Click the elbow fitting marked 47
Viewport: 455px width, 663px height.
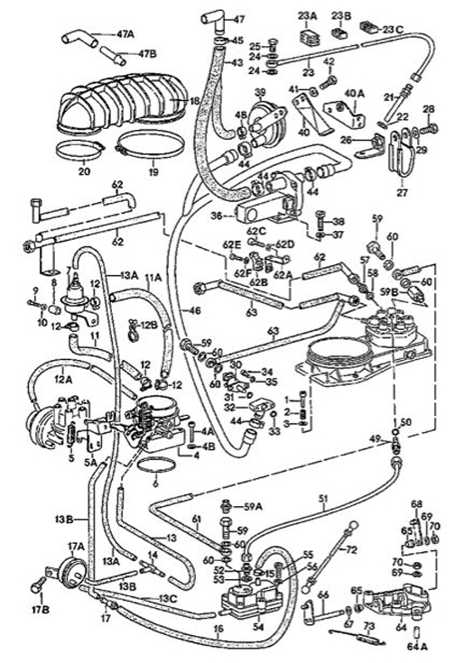[x=214, y=19]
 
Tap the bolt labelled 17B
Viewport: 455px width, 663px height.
[x=38, y=586]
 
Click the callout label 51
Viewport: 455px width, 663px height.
[x=323, y=497]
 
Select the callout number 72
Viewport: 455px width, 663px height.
[x=352, y=549]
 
